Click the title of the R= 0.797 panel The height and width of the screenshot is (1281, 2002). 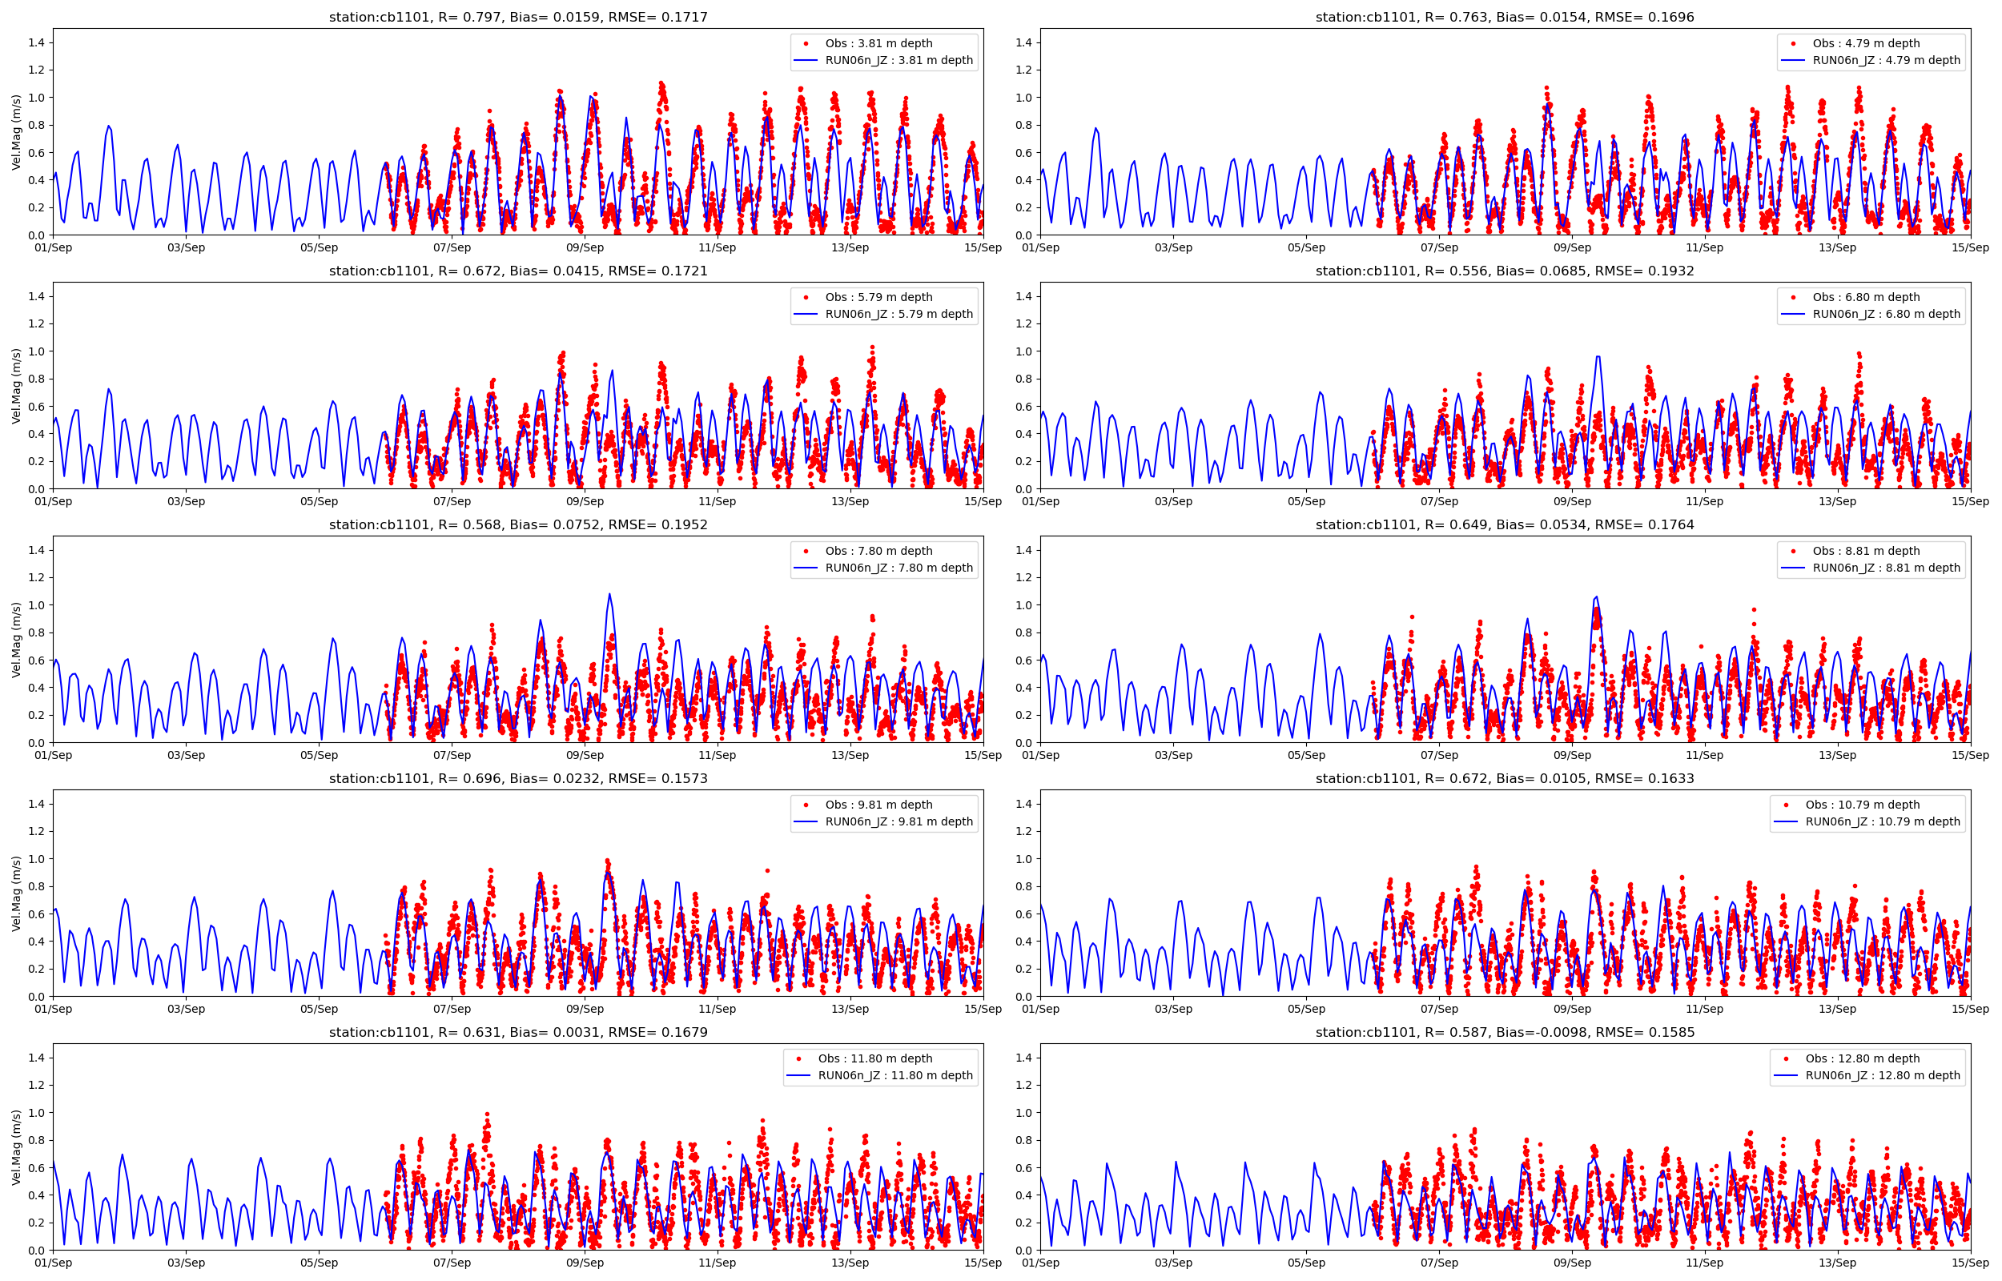[x=517, y=18]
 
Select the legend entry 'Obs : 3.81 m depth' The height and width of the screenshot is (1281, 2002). [x=878, y=43]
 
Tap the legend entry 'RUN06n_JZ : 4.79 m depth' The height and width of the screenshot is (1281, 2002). [x=1886, y=60]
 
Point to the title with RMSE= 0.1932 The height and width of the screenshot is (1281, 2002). [x=1504, y=271]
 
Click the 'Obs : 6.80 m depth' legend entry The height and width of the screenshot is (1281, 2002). [x=1866, y=297]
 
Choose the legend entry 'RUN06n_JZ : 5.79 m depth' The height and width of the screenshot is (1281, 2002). [x=898, y=314]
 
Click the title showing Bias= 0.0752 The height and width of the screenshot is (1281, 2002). [x=517, y=525]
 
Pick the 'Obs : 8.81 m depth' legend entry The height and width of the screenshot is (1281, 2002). [x=1866, y=551]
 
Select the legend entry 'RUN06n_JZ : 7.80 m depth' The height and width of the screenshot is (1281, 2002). [x=898, y=568]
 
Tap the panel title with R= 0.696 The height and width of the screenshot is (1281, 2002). [x=517, y=778]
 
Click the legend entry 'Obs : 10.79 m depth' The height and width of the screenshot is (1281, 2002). [x=1861, y=805]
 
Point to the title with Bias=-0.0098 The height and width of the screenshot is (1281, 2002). [x=1504, y=1032]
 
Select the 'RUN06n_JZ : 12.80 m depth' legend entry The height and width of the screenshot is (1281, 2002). [x=1882, y=1074]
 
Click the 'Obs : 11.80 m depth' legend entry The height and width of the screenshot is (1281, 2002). [x=875, y=1058]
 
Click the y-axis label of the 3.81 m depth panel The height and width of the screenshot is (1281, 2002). [x=17, y=131]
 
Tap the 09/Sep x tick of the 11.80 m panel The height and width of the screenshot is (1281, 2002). [x=585, y=1263]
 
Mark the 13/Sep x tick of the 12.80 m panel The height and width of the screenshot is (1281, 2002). [x=1836, y=1263]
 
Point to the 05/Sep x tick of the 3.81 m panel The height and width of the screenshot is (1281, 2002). [x=319, y=247]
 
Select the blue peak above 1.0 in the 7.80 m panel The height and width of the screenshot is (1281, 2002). [x=609, y=594]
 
